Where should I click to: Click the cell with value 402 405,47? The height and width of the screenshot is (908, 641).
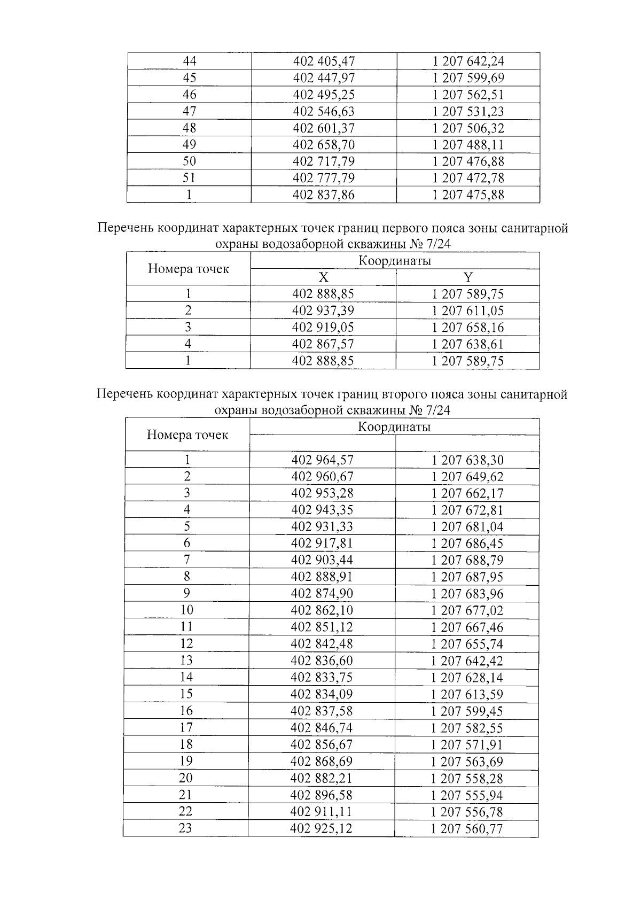coord(324,61)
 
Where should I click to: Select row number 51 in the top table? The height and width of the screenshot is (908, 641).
coord(189,178)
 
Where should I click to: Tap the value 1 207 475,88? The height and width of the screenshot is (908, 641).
coord(468,195)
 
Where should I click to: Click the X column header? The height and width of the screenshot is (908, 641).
coord(323,277)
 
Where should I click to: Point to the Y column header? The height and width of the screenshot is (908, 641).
coord(468,277)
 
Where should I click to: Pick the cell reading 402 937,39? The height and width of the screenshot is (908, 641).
coord(323,311)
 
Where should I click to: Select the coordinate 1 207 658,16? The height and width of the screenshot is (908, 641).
coord(468,328)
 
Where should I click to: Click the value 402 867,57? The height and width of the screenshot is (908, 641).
coord(323,344)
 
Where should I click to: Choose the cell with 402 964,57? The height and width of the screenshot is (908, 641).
coord(323,460)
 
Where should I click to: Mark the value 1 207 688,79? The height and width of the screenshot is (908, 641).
coord(467,560)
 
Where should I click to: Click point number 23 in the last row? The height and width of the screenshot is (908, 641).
coord(185,828)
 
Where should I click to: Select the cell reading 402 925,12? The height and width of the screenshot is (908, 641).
coord(322,828)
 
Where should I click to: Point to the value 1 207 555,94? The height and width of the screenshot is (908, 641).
coord(467,795)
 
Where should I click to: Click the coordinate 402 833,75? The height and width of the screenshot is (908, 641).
coord(322,677)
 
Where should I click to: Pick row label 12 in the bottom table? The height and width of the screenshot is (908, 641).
coord(186,643)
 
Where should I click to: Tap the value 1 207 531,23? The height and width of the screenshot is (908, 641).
coord(468,111)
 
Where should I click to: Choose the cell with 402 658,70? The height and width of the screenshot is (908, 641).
coord(324,145)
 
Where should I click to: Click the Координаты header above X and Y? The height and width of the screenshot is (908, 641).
coord(394,261)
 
